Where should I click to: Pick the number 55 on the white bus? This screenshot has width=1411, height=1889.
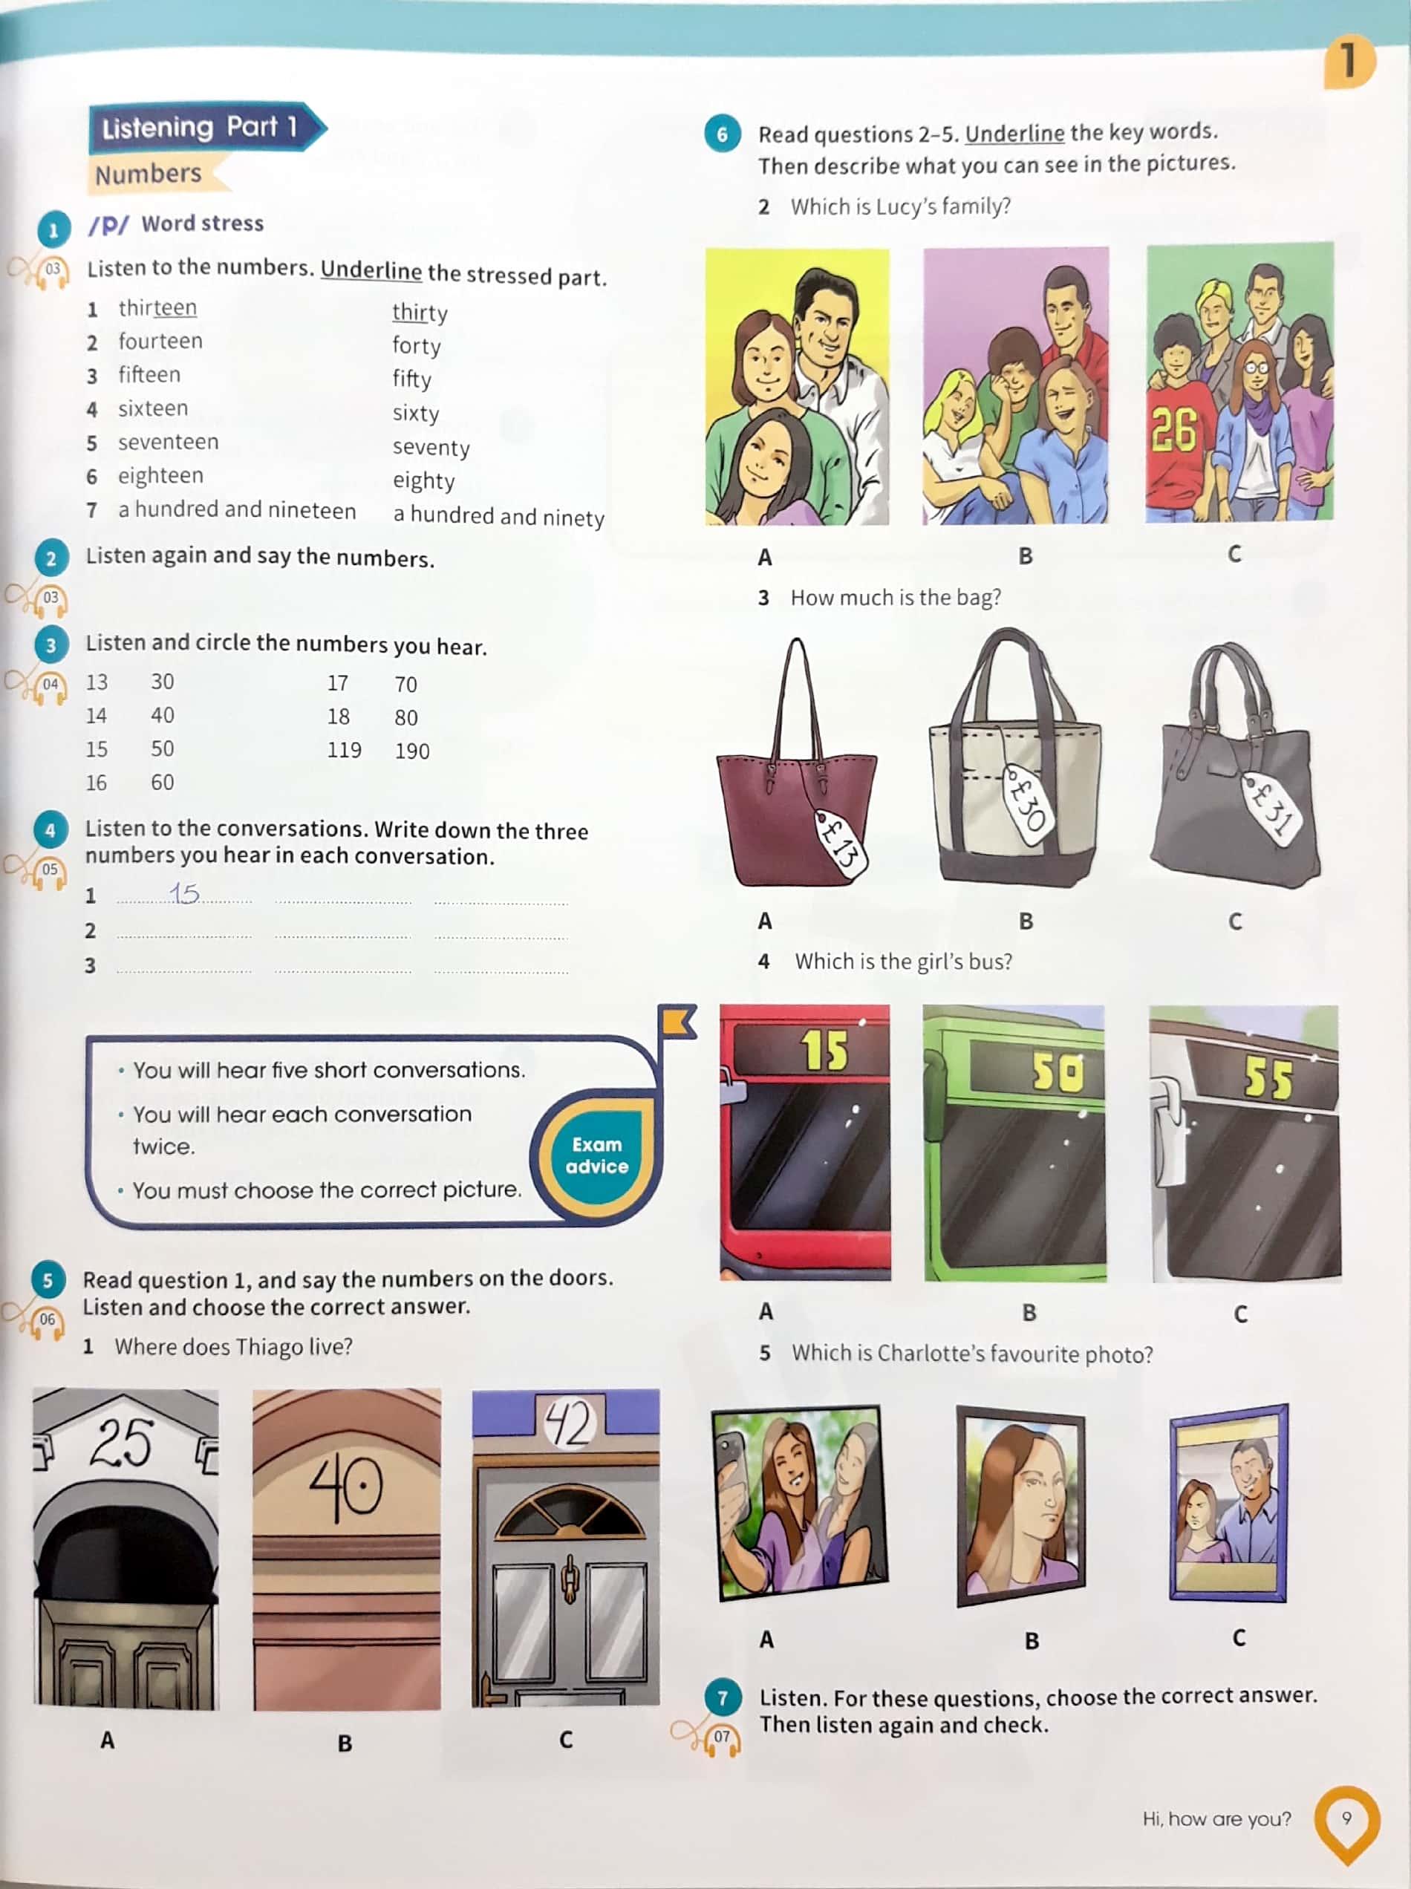[1268, 1079]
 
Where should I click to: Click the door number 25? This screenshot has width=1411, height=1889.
[121, 1443]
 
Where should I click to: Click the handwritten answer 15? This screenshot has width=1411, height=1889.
[183, 893]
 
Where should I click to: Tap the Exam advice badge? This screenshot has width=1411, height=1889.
[596, 1155]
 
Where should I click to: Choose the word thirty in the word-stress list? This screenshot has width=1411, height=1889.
[420, 313]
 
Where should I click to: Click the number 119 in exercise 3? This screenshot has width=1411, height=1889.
[344, 750]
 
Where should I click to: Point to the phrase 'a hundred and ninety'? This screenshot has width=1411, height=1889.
[499, 517]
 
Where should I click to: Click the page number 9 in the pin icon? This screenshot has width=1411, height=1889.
[1346, 1818]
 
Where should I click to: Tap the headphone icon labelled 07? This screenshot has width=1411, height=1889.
[722, 1738]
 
